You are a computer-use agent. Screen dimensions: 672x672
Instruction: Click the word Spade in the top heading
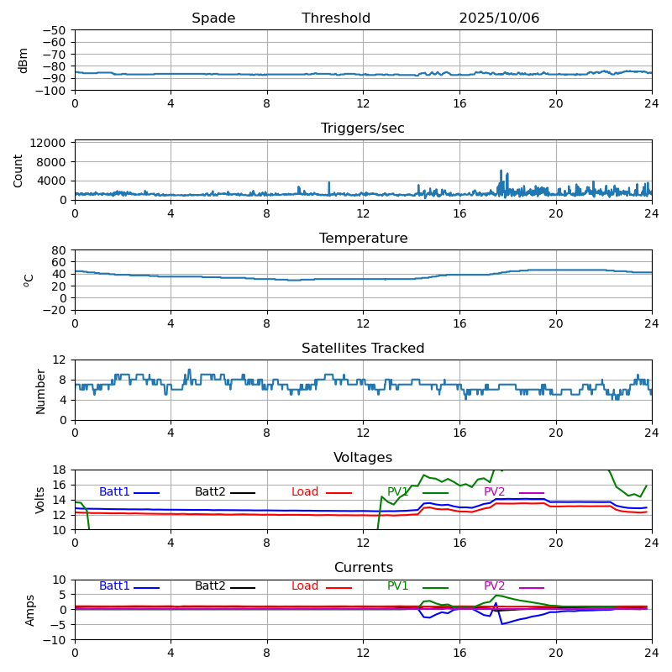coord(213,18)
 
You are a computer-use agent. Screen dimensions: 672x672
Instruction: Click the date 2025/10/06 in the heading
coord(499,18)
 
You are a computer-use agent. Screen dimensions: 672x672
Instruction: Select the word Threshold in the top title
coord(336,18)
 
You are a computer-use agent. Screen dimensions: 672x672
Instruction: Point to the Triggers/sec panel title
coord(363,129)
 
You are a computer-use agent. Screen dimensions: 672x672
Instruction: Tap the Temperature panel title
coord(363,239)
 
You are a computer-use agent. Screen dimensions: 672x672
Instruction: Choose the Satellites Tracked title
coord(363,349)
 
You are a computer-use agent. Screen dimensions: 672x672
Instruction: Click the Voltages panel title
coord(363,458)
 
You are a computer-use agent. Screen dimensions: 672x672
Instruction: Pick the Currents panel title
coord(363,568)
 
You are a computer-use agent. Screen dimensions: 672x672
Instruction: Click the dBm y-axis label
coord(24,60)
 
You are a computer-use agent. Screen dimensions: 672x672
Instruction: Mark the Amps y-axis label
coord(30,610)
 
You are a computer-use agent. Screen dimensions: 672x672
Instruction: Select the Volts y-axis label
coord(40,500)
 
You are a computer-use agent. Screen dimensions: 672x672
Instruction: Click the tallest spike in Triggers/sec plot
coord(501,171)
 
